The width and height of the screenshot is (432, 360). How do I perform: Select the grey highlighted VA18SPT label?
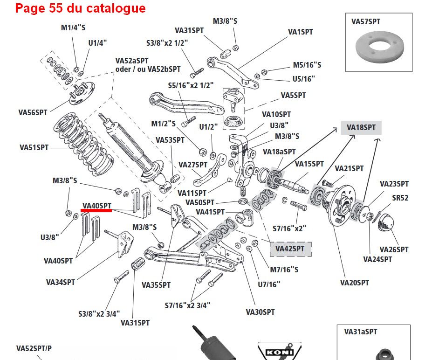click(x=361, y=127)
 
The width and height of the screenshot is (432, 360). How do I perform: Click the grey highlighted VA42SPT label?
click(x=290, y=249)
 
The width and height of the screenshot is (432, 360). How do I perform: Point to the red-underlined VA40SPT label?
click(x=97, y=206)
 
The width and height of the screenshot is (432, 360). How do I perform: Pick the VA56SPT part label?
click(x=33, y=112)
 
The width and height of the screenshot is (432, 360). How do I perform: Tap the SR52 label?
click(x=400, y=198)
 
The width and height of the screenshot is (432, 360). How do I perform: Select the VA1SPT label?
click(x=301, y=32)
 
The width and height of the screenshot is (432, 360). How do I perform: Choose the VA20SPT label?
click(x=354, y=283)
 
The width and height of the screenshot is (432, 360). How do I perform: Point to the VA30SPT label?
click(x=261, y=312)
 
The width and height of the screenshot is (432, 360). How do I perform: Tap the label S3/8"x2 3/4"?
click(x=99, y=313)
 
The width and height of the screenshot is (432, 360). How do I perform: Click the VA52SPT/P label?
click(x=34, y=348)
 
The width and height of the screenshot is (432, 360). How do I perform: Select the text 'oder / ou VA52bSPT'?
click(x=148, y=69)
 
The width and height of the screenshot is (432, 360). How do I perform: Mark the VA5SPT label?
click(x=293, y=95)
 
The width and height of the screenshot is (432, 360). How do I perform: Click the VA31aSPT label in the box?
click(x=360, y=332)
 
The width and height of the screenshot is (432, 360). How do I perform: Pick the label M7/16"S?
click(x=284, y=270)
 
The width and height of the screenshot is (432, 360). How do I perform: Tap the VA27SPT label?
click(x=193, y=165)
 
